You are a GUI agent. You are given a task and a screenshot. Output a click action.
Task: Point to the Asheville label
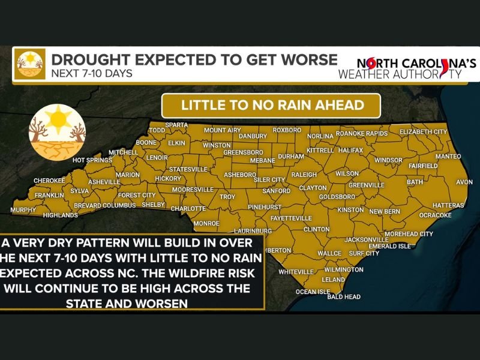[104, 182]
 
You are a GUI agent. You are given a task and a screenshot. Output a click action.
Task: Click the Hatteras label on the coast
[448, 205]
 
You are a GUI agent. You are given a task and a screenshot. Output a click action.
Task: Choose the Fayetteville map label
[291, 218]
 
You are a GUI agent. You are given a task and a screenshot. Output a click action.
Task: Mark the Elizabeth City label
[423, 131]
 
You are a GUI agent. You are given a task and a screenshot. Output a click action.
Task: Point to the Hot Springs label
[92, 160]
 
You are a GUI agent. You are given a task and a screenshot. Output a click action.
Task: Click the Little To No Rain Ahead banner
[272, 105]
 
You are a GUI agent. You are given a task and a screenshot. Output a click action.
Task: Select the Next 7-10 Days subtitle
[91, 74]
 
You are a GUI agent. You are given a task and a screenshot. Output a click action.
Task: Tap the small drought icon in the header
[30, 64]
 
